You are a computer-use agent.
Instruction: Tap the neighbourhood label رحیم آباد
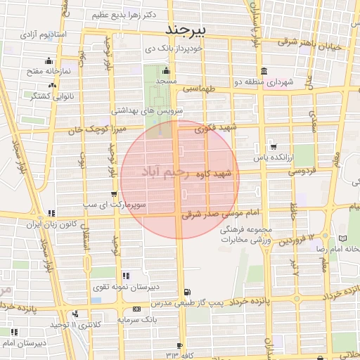(x=167, y=172)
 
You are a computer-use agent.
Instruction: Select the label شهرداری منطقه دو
(x=264, y=82)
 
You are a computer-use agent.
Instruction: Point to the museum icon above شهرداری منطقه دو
(x=263, y=71)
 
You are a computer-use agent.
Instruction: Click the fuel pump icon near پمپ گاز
(x=186, y=292)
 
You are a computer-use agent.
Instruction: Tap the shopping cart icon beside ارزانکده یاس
(x=274, y=147)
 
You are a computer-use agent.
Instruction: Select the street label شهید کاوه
(x=214, y=174)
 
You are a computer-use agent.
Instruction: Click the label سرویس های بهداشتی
(x=147, y=111)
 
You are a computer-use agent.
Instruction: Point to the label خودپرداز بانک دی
(x=174, y=49)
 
